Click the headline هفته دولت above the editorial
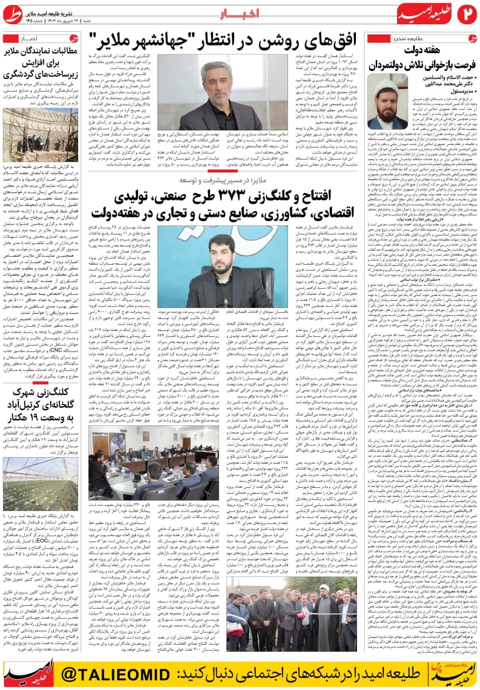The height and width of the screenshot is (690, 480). tap(421, 50)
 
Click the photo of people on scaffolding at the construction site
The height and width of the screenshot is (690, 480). tap(40, 134)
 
